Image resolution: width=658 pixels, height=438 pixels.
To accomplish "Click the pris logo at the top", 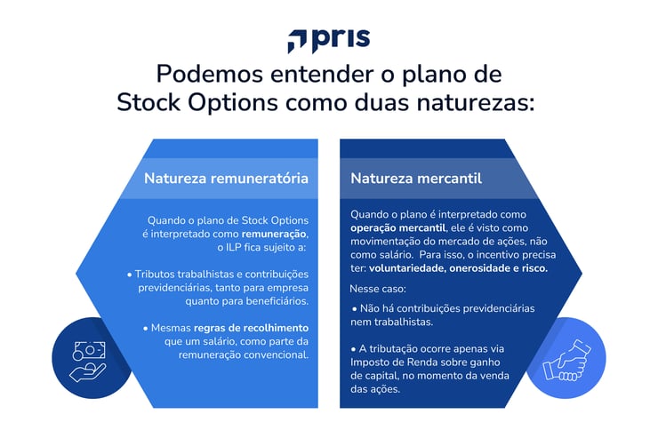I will click(x=328, y=40).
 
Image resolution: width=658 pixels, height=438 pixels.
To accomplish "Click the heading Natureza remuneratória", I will click(x=226, y=179).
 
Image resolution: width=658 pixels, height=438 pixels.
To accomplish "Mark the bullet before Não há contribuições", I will click(x=355, y=308).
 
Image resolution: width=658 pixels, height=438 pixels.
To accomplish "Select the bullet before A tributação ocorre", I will click(x=355, y=347).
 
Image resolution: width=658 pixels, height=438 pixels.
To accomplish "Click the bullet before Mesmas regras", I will click(x=144, y=328).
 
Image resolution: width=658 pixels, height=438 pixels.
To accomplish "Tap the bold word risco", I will click(x=532, y=267).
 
